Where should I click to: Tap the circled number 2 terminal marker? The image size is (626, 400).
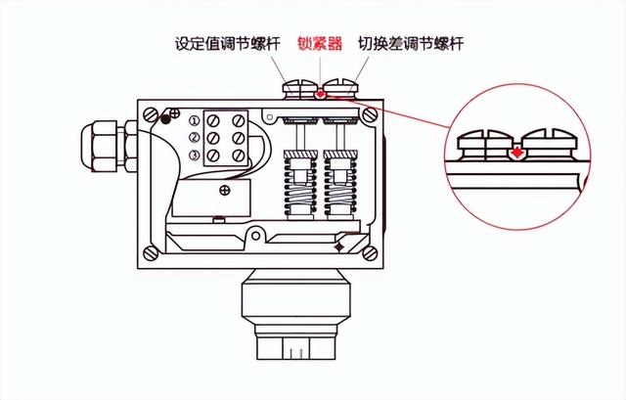(x=195, y=139)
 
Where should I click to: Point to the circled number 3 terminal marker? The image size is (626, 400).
(x=195, y=156)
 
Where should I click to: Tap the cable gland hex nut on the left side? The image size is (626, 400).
(x=101, y=142)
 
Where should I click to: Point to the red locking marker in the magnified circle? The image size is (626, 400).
(x=515, y=153)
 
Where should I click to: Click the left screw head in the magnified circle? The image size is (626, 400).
(x=485, y=139)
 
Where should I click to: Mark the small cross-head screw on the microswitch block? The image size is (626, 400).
(x=225, y=191)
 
